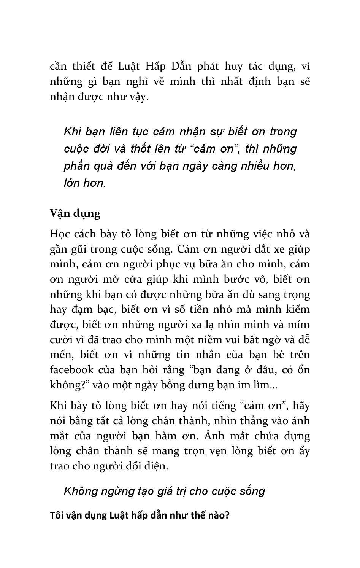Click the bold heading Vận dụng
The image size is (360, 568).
click(x=75, y=213)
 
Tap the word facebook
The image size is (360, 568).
click(x=71, y=370)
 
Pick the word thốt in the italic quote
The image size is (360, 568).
click(x=141, y=149)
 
